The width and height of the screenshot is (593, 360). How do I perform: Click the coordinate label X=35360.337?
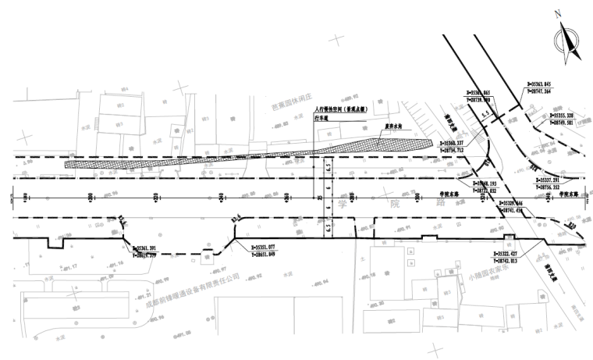[x=453, y=144]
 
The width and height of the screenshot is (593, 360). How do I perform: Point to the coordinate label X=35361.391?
[x=150, y=247]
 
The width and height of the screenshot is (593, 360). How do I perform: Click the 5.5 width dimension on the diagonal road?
[x=485, y=115]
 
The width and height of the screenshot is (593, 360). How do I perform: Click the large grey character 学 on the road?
[x=341, y=205]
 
